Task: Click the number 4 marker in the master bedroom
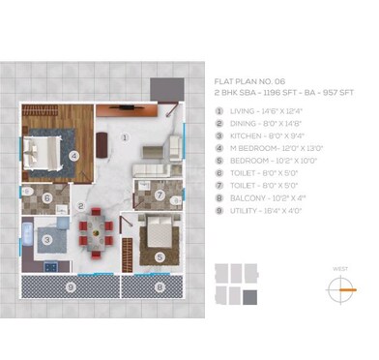[73, 153]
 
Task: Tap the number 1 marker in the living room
[124, 137]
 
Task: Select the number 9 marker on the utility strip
[69, 286]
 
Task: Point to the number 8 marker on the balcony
[159, 286]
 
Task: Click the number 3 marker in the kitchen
[46, 239]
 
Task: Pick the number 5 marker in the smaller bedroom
[160, 256]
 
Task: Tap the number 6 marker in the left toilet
[46, 199]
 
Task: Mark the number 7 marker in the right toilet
[160, 195]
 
